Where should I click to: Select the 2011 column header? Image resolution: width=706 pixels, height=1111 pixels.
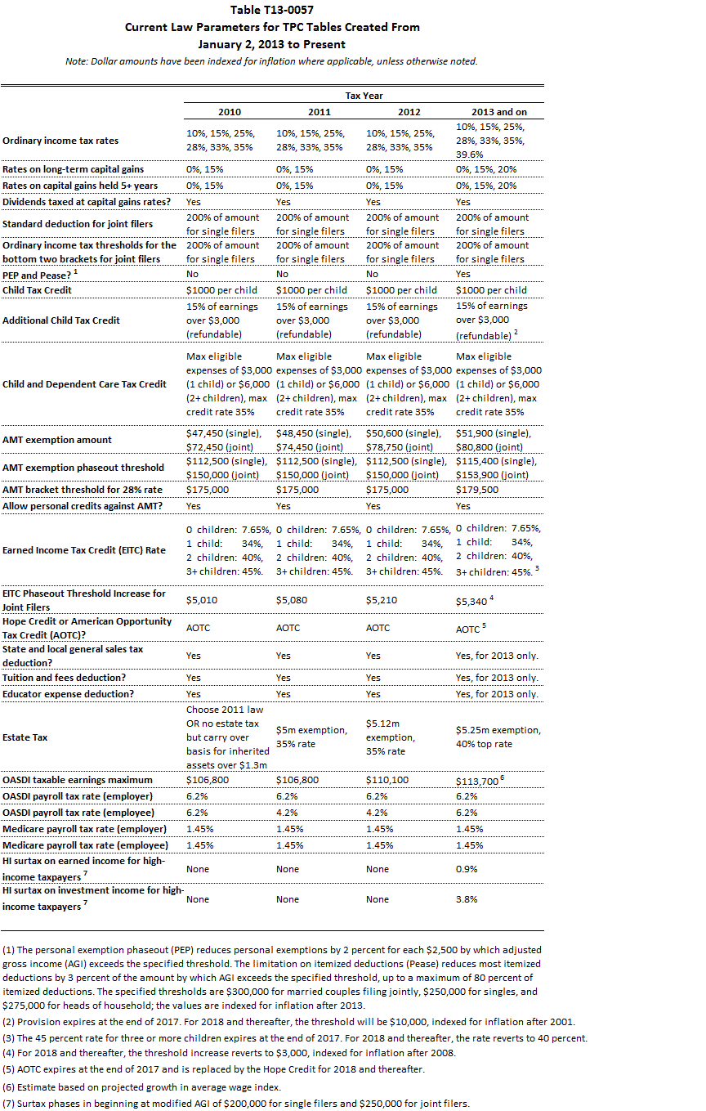point(319,112)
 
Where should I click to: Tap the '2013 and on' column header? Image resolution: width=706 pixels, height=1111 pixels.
point(498,112)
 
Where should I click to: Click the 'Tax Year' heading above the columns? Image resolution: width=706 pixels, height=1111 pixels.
point(364,96)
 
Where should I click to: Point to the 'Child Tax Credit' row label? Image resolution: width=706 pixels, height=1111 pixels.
point(38,290)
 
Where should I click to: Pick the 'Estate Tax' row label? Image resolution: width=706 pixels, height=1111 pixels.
point(25,737)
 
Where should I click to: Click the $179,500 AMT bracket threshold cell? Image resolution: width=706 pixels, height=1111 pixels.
point(477,490)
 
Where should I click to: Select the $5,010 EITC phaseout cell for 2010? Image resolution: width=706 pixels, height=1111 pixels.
point(201,600)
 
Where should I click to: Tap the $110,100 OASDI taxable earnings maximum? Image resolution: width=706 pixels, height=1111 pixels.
point(387,781)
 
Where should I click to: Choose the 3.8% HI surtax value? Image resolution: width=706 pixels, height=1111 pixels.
point(467,899)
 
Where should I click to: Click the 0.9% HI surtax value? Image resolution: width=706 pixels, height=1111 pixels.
point(467,869)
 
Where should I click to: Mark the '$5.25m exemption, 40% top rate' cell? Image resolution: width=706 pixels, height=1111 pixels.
point(498,737)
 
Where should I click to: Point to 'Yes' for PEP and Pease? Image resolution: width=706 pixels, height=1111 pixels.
point(463,276)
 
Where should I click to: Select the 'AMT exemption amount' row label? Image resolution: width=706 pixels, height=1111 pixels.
point(57,440)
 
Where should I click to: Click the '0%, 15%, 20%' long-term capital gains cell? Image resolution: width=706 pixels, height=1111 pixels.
point(486,169)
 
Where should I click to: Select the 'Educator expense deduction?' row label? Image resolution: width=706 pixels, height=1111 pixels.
point(68,694)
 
